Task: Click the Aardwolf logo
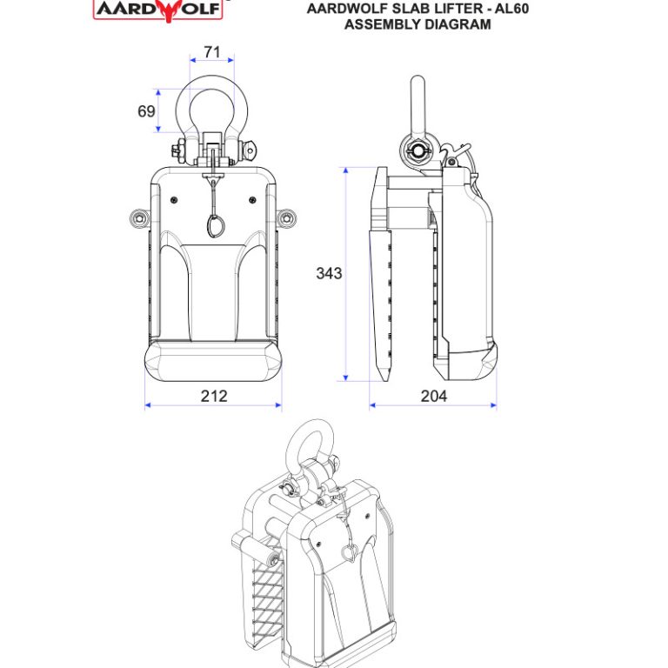(x=160, y=9)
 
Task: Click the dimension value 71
(x=211, y=52)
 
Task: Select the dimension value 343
(x=329, y=273)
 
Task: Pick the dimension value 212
(x=213, y=396)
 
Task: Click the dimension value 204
(x=433, y=396)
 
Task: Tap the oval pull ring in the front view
(x=214, y=224)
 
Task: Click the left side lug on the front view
(x=137, y=216)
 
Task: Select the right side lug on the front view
(x=288, y=216)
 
